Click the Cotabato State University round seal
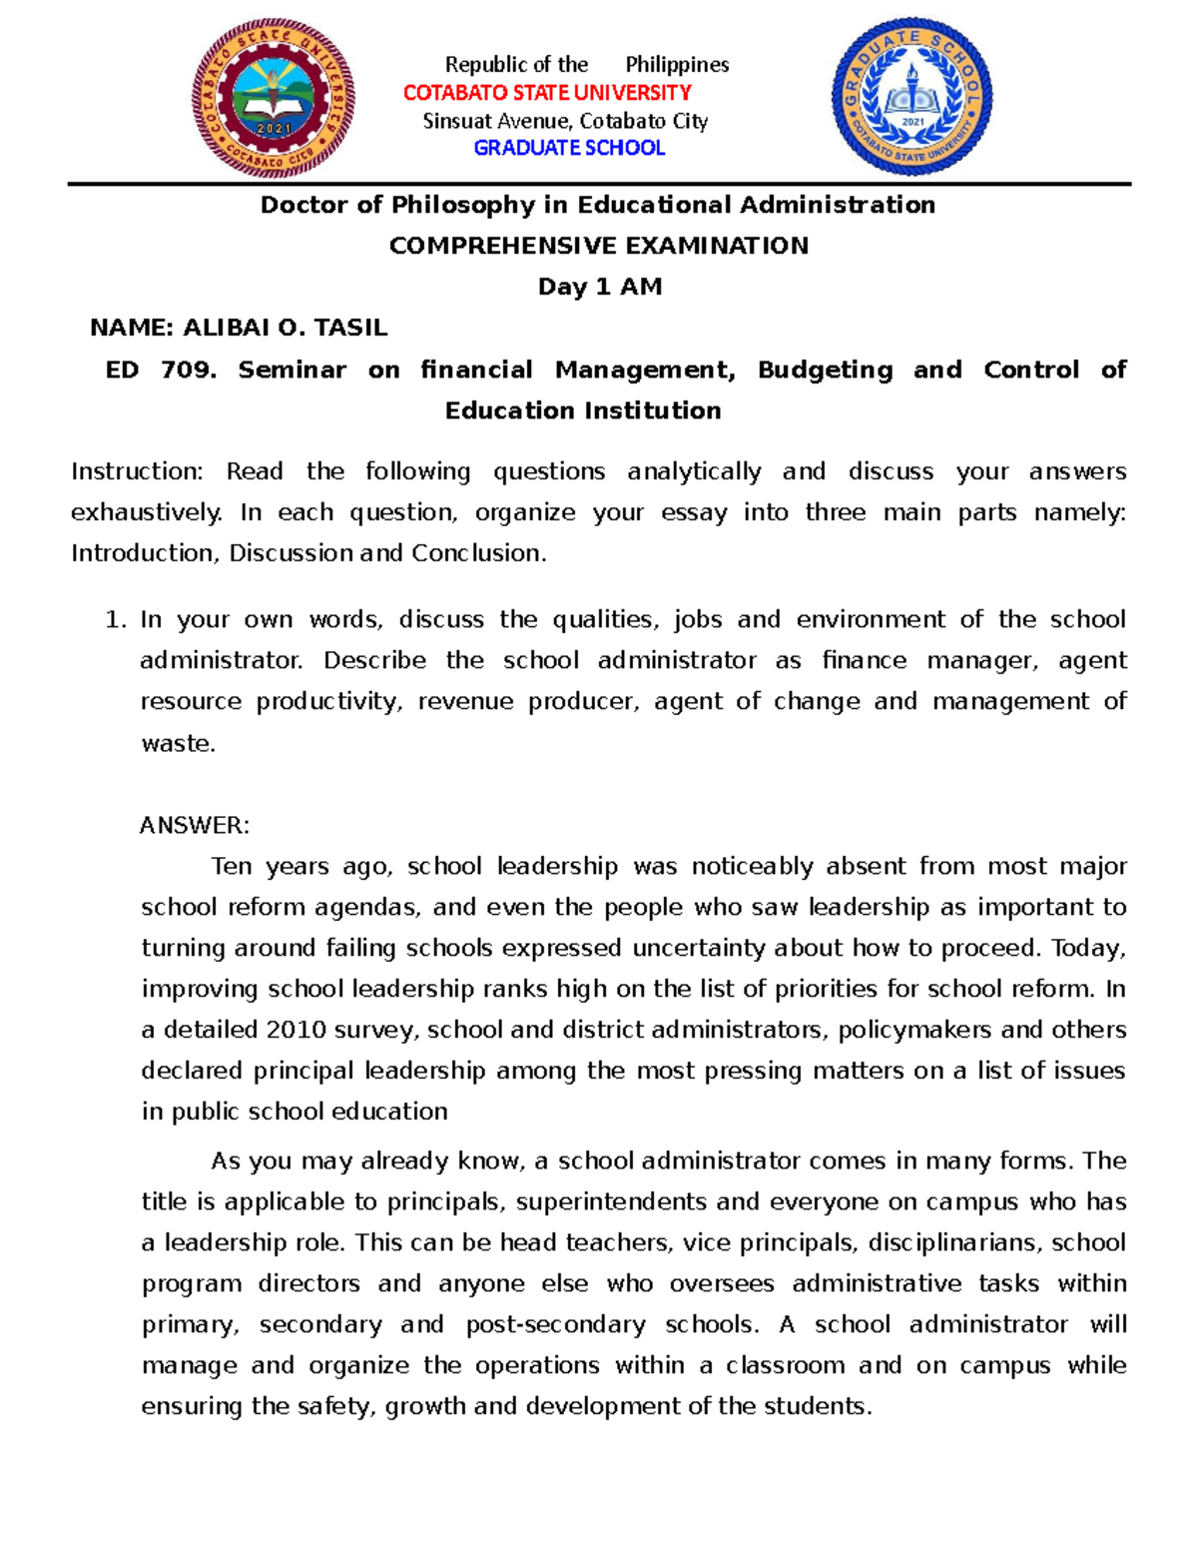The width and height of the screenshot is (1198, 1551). click(274, 98)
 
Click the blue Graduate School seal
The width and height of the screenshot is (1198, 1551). click(911, 96)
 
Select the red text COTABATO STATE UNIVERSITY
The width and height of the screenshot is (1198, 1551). click(547, 93)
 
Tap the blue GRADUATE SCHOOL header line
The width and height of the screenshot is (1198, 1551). click(569, 148)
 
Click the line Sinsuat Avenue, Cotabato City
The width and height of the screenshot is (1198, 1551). click(565, 121)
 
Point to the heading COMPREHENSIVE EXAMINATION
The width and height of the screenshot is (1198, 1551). click(598, 246)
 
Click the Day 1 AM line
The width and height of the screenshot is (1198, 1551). click(599, 287)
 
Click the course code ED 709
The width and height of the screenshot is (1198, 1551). click(160, 370)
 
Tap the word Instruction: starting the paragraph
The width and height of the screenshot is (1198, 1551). click(137, 471)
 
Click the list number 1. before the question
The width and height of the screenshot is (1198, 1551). click(115, 619)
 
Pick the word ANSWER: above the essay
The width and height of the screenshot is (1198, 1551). click(195, 825)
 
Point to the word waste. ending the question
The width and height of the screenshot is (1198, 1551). click(178, 743)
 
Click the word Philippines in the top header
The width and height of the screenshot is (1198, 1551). click(677, 65)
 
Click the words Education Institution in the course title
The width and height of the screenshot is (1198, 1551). click(583, 410)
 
